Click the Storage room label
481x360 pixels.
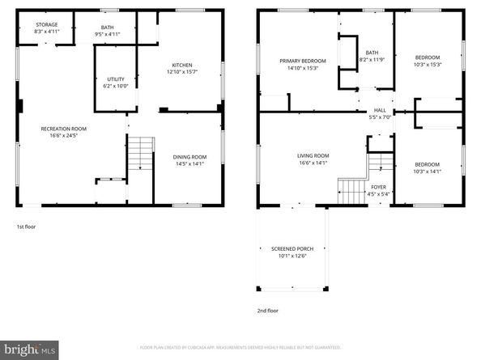[x=46, y=28]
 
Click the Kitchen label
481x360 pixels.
[x=182, y=69]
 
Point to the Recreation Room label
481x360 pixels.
[x=64, y=132]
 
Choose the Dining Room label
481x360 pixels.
[x=189, y=160]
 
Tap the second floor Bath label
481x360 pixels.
[x=372, y=56]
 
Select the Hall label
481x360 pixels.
[x=380, y=114]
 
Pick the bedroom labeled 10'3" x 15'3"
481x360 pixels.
[x=428, y=61]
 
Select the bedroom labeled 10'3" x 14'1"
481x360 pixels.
[x=427, y=167]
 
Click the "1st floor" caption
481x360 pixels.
[x=26, y=227]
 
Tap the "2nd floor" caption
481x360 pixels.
[x=267, y=310]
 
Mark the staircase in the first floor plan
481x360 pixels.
[x=141, y=153]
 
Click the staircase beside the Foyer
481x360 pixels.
[x=353, y=193]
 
